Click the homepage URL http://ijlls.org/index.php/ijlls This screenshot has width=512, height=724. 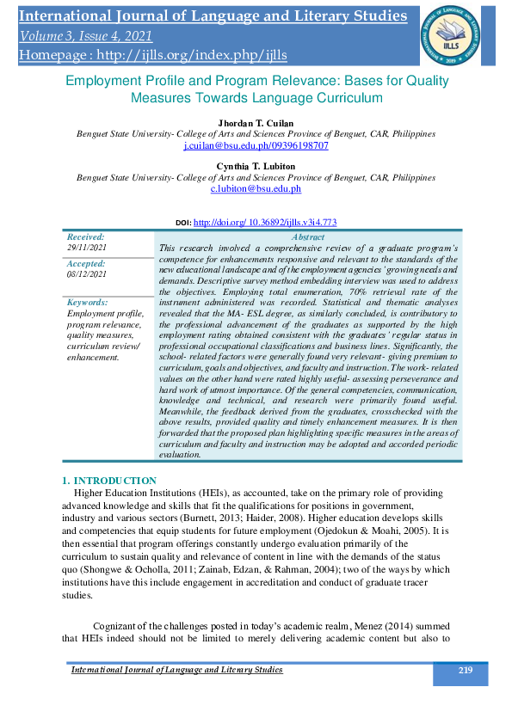click(153, 55)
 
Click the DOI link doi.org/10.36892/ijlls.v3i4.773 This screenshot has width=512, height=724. click(265, 222)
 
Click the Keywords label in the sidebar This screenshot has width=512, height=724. click(88, 302)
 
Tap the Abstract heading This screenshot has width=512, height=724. click(308, 236)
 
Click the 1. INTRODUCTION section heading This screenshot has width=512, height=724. click(109, 480)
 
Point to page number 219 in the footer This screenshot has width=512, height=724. click(465, 671)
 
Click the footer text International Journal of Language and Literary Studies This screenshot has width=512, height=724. click(176, 670)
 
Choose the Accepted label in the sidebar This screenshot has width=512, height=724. click(86, 263)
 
